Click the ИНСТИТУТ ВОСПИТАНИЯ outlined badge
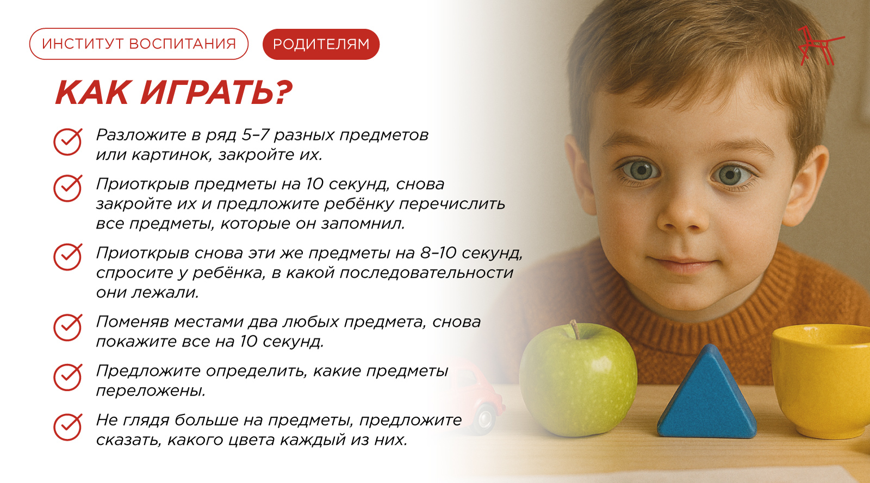[139, 44]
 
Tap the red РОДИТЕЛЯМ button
[321, 44]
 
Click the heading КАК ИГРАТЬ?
[173, 92]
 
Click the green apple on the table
[578, 380]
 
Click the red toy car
[476, 396]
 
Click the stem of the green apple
[575, 329]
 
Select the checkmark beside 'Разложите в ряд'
[67, 142]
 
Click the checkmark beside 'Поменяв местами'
[67, 328]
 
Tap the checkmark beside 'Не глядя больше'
[67, 426]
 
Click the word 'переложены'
[151, 391]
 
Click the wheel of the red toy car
[486, 418]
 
